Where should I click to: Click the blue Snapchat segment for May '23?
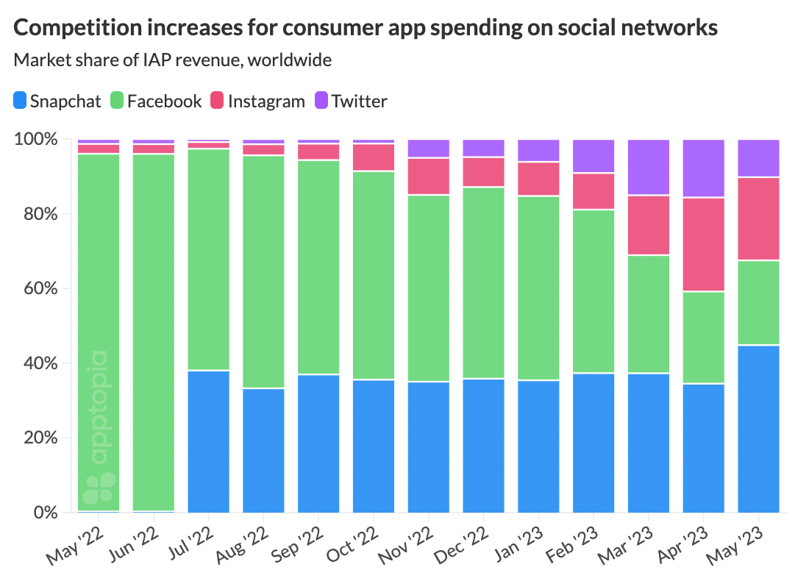coord(758,428)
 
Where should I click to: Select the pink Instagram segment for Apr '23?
coord(704,244)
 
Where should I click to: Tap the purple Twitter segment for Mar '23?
coord(649,167)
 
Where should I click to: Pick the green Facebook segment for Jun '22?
coord(154,331)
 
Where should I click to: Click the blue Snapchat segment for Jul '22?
coord(209,441)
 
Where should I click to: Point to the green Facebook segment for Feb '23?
coord(594,291)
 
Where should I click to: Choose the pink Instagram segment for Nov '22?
coord(429,177)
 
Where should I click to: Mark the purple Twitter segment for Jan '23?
coord(538,150)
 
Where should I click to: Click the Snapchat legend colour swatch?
coord(21,101)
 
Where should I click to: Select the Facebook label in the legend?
coord(164,101)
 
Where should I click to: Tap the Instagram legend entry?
coord(257,101)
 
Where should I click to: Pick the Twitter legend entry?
coord(351,101)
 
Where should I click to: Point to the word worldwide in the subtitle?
coord(290,60)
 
